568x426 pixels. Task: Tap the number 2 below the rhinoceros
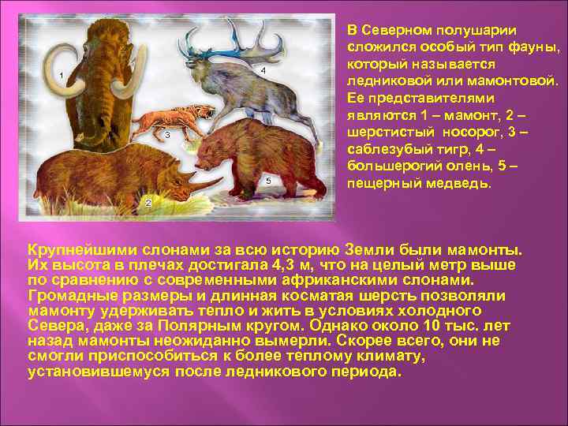(x=148, y=204)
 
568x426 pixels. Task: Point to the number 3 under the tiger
(x=168, y=135)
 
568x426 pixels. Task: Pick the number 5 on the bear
(x=268, y=181)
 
